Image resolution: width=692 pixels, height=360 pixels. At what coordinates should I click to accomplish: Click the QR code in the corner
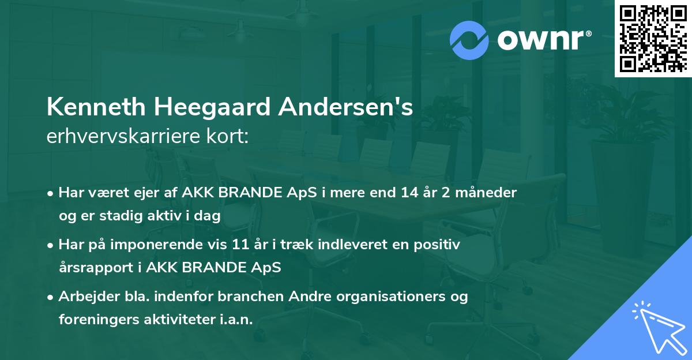point(653,39)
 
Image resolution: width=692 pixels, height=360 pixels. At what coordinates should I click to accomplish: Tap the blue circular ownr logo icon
point(469,40)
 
